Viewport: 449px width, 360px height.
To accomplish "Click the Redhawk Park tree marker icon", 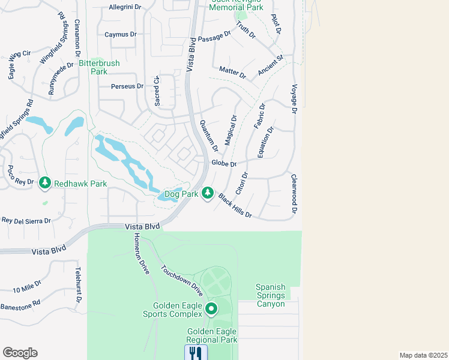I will (x=44, y=182).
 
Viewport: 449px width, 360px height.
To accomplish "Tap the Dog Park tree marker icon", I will (x=207, y=193).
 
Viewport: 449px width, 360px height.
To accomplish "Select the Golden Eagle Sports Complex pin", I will (x=211, y=310).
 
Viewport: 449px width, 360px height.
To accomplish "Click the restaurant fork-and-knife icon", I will (x=196, y=353).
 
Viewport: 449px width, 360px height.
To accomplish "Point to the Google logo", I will (x=20, y=353).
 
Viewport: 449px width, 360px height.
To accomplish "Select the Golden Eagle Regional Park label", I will (x=212, y=335).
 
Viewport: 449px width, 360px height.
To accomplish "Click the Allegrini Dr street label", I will (x=125, y=8).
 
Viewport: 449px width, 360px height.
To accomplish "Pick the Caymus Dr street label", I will (x=120, y=34).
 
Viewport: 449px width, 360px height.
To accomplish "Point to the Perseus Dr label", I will (x=127, y=86).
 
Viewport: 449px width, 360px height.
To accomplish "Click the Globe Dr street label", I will (x=224, y=163).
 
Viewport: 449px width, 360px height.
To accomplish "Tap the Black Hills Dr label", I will (x=235, y=206).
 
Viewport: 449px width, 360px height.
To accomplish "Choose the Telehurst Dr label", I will (x=79, y=286).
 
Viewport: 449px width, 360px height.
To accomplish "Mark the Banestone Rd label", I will (x=20, y=302).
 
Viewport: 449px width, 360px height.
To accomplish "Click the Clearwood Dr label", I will (x=295, y=193).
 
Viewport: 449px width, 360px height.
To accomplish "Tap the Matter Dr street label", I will (x=232, y=73).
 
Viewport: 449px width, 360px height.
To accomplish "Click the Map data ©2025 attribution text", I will (x=423, y=355).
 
